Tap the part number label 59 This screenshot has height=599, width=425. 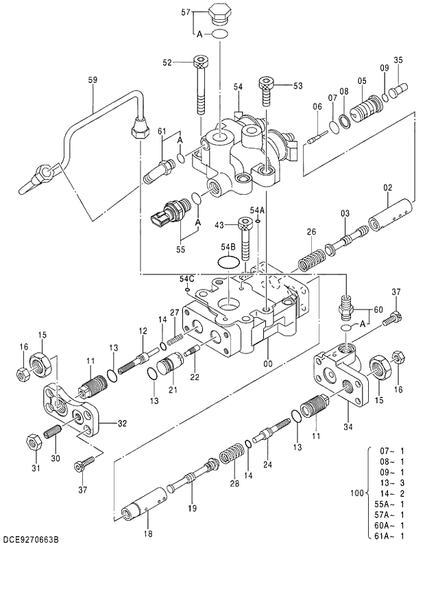coord(93,80)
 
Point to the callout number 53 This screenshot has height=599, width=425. coord(297,86)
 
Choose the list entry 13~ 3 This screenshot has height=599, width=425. coord(391,482)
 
